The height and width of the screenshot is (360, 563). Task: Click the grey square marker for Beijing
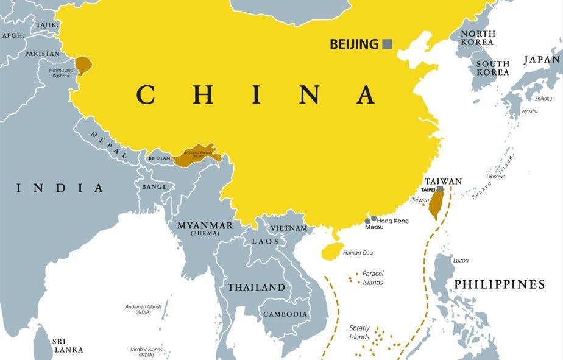point(387,44)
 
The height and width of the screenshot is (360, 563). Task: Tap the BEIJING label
point(354,44)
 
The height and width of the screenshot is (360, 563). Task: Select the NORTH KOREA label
point(478,38)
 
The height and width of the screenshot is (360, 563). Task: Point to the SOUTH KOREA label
point(492,68)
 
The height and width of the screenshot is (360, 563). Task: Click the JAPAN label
point(542,60)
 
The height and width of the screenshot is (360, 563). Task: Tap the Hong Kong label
point(393,221)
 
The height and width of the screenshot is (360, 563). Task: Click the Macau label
point(374,227)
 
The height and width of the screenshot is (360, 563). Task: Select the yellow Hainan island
point(332,250)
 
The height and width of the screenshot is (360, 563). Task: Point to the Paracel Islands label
point(373,278)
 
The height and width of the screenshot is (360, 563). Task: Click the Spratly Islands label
point(359,333)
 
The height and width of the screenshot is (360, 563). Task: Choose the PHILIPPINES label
point(499,284)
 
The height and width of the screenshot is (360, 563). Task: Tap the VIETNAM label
point(289,228)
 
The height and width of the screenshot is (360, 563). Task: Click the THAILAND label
point(257,287)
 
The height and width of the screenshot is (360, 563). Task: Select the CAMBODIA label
point(285,314)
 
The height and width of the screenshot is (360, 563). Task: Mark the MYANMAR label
point(205,226)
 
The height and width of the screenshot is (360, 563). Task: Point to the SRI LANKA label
point(68,345)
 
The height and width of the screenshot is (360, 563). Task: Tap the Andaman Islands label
point(143,309)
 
